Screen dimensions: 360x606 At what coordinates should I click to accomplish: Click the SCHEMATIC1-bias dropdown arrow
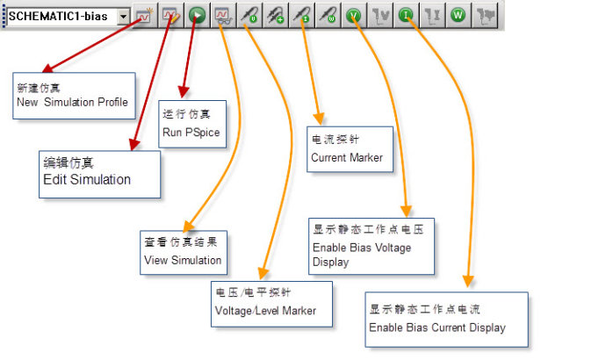(x=122, y=16)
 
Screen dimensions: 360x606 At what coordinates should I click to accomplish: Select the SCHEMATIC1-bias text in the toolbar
(x=58, y=16)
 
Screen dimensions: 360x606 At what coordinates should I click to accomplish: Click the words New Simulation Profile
(x=72, y=103)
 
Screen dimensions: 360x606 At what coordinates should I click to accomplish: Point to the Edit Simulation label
(x=87, y=179)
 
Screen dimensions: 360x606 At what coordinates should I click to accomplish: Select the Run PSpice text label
(x=190, y=133)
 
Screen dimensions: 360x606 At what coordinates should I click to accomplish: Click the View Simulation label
(x=183, y=261)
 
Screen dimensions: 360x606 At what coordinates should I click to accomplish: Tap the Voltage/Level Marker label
(x=264, y=310)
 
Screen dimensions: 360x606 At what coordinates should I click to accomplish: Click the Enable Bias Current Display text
(x=436, y=328)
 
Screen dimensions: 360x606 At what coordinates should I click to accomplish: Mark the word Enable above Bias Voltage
(x=331, y=248)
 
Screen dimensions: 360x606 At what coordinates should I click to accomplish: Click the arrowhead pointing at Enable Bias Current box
(x=469, y=281)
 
